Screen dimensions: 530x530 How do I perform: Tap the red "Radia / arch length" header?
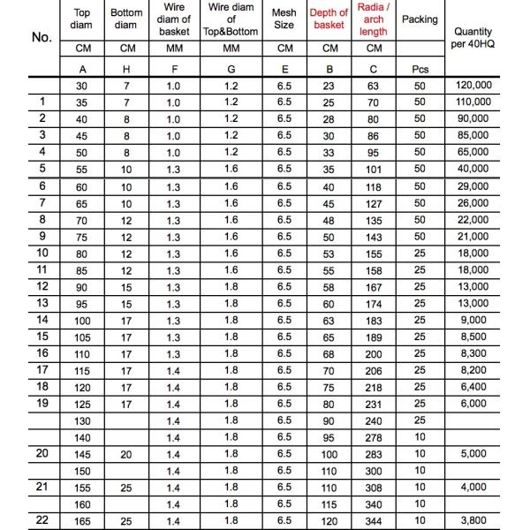(x=374, y=19)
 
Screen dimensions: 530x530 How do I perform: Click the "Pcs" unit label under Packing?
(x=420, y=68)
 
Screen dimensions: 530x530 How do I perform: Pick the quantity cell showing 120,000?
(x=473, y=87)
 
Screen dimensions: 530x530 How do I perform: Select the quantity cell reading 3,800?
(x=473, y=520)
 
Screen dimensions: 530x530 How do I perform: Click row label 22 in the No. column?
(x=42, y=519)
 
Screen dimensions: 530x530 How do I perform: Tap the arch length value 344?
(x=374, y=520)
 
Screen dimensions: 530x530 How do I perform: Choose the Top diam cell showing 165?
(x=81, y=520)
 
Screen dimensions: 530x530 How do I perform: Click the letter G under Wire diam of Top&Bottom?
(x=231, y=68)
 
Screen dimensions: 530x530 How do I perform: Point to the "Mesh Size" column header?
(x=284, y=19)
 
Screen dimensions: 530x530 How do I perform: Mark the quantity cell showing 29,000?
(x=473, y=186)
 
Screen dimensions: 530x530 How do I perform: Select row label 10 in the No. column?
(x=42, y=253)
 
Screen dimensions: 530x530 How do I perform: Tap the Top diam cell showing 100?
(x=81, y=320)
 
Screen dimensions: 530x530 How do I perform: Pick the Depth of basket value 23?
(x=329, y=87)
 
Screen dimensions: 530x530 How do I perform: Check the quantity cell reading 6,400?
(x=473, y=386)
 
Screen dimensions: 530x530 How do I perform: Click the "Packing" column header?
(x=419, y=19)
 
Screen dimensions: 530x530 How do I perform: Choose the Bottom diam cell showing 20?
(x=126, y=453)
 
